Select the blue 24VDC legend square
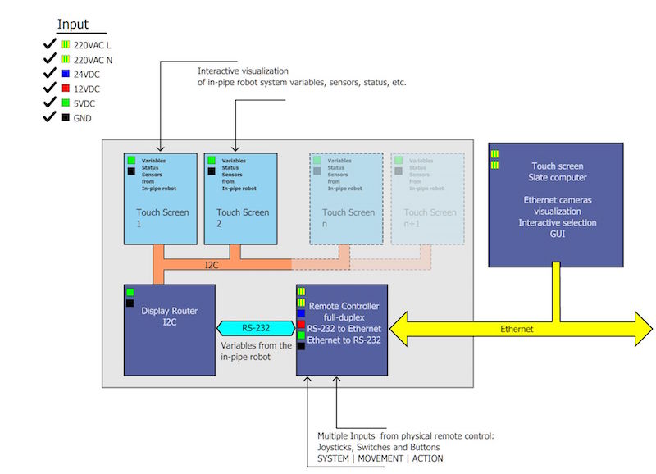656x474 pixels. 66,74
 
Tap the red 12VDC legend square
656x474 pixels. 66,89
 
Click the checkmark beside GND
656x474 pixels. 49,118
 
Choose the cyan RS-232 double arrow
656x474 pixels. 255,329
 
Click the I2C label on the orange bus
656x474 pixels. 211,265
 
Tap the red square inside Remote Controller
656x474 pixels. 301,325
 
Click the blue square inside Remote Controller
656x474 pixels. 301,313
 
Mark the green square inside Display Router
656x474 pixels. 130,293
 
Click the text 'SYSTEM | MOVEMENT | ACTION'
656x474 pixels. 380,458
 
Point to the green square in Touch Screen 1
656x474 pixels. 130,161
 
